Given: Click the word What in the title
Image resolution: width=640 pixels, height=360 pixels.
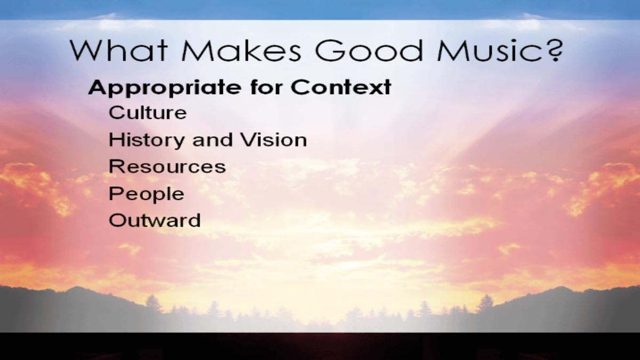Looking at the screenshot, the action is coord(118,51).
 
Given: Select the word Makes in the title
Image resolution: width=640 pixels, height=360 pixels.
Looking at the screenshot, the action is coord(241,51).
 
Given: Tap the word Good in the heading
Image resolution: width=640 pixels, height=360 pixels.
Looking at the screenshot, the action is coord(369,51).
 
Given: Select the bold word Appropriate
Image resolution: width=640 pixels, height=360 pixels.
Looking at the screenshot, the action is coord(165,88).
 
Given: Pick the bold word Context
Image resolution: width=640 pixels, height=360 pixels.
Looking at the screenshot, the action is coord(341,87).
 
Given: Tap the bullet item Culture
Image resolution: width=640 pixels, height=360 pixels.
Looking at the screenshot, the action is coord(148,113).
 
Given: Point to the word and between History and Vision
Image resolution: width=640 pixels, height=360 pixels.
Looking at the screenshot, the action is coord(212,140).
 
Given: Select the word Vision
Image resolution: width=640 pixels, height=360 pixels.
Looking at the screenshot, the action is coord(274,140).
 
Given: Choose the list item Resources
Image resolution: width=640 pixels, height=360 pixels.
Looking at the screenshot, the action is coord(167,166).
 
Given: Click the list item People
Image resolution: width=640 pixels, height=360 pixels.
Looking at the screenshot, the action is coord(147,194).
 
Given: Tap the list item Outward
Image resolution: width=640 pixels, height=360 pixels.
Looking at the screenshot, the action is coord(155,220).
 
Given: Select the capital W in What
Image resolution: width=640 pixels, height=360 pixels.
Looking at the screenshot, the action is coord(87,51).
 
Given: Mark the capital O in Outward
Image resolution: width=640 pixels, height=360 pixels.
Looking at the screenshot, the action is coord(117,220).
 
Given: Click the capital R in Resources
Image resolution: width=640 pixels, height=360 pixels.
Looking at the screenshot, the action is coord(116,166).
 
